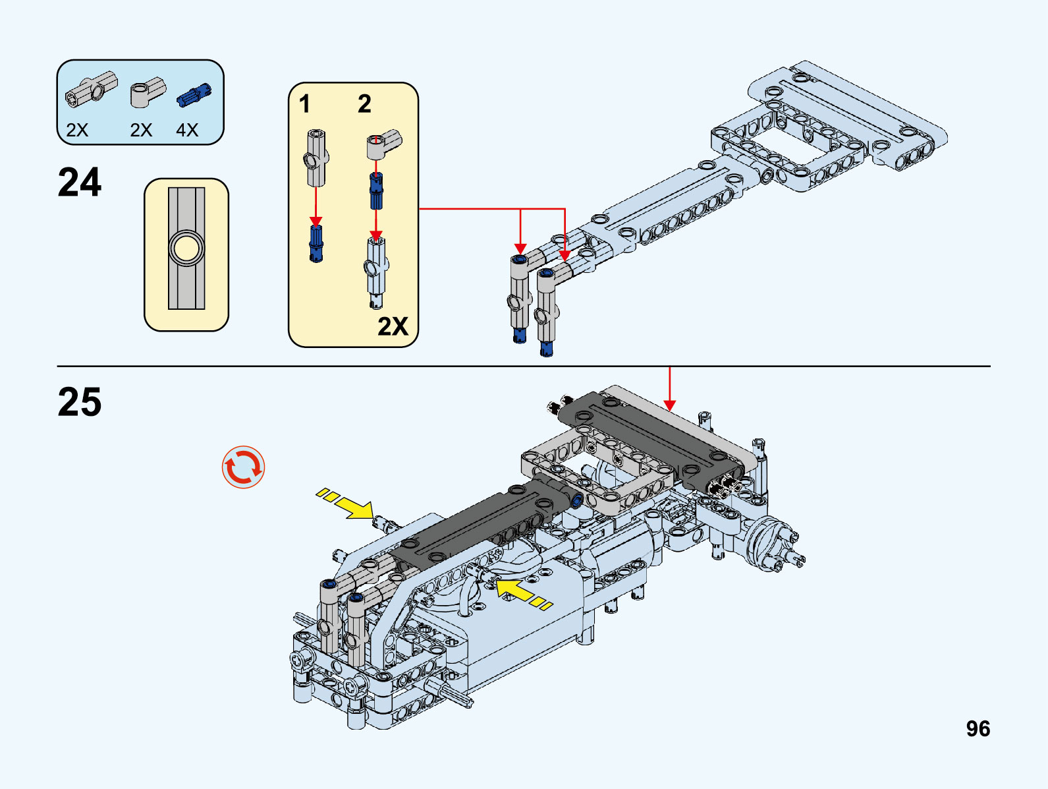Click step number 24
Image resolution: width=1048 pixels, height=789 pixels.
click(x=80, y=183)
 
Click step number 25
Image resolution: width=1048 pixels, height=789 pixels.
click(x=80, y=402)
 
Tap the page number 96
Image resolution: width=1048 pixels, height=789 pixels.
click(x=978, y=728)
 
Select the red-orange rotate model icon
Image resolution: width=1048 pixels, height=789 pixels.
click(x=243, y=467)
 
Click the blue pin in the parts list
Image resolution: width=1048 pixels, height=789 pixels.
click(x=194, y=96)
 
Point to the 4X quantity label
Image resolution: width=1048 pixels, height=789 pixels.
click(x=187, y=130)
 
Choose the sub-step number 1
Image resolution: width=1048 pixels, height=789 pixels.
click(x=304, y=104)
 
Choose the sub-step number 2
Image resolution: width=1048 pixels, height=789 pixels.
click(x=364, y=104)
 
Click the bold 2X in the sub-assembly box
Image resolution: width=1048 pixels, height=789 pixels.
click(x=393, y=326)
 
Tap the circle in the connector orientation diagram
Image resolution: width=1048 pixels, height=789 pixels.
click(x=186, y=248)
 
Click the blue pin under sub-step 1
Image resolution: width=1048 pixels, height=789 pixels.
click(x=316, y=243)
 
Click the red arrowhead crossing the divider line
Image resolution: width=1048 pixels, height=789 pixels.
click(x=669, y=404)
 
